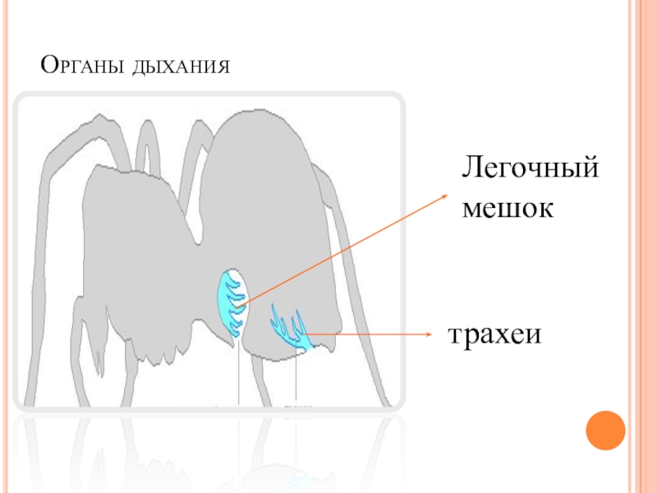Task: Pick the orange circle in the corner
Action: (605, 430)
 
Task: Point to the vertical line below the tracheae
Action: (295, 378)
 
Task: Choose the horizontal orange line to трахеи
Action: (370, 334)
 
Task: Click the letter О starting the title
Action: (49, 62)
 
